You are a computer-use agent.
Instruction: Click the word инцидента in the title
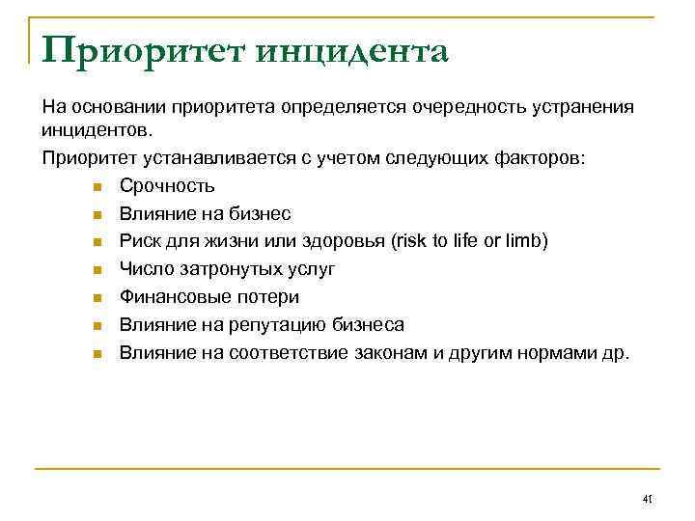[353, 51]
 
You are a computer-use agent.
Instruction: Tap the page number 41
[648, 499]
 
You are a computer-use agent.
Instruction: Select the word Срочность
[167, 185]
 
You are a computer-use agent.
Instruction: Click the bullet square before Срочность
[97, 186]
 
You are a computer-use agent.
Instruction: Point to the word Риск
[140, 241]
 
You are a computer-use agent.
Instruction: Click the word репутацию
[277, 325]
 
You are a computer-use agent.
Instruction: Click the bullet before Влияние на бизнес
[97, 214]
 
